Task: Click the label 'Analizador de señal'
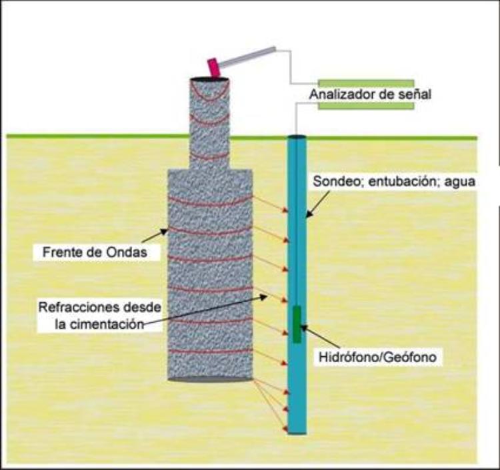tap(370, 94)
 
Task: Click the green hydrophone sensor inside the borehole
tap(297, 324)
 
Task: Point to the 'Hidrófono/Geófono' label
tap(377, 357)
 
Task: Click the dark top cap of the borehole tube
tap(296, 138)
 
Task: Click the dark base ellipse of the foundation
tap(209, 379)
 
